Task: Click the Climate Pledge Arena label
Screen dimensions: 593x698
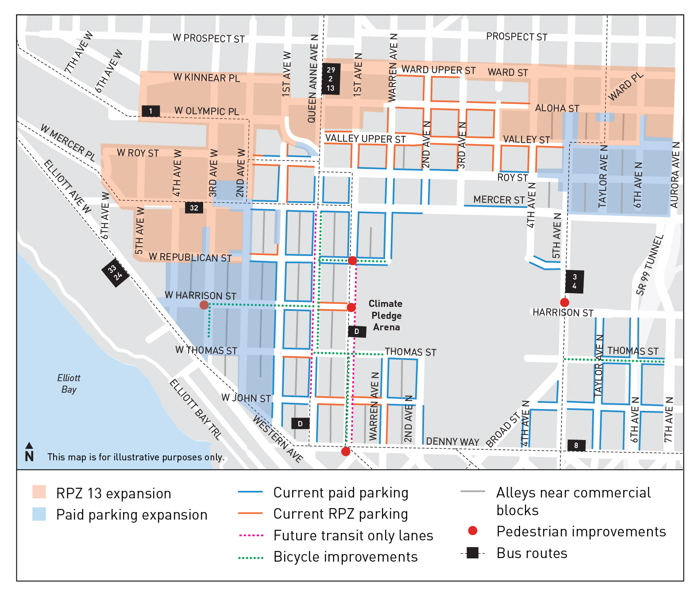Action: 386,315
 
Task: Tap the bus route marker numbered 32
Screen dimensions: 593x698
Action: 194,207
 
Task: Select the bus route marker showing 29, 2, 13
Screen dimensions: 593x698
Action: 331,79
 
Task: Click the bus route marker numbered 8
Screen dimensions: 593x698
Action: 576,445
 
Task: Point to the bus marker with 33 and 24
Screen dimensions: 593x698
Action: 115,272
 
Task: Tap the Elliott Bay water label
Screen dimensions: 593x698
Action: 69,383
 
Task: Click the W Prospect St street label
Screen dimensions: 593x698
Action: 208,38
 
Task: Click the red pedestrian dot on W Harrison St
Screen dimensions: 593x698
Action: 204,305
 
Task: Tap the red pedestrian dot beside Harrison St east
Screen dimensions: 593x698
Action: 564,302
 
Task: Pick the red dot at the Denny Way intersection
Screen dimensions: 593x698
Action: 346,451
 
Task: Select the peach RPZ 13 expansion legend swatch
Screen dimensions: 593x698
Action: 39,492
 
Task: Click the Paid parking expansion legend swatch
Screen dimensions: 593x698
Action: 39,514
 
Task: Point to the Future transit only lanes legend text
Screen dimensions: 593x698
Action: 353,536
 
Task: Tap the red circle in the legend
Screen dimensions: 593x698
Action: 472,531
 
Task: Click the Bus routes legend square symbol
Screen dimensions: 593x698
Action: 472,553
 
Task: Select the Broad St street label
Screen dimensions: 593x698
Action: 503,430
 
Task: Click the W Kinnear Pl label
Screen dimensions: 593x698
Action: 206,78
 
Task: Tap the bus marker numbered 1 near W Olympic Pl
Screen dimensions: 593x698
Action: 150,111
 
